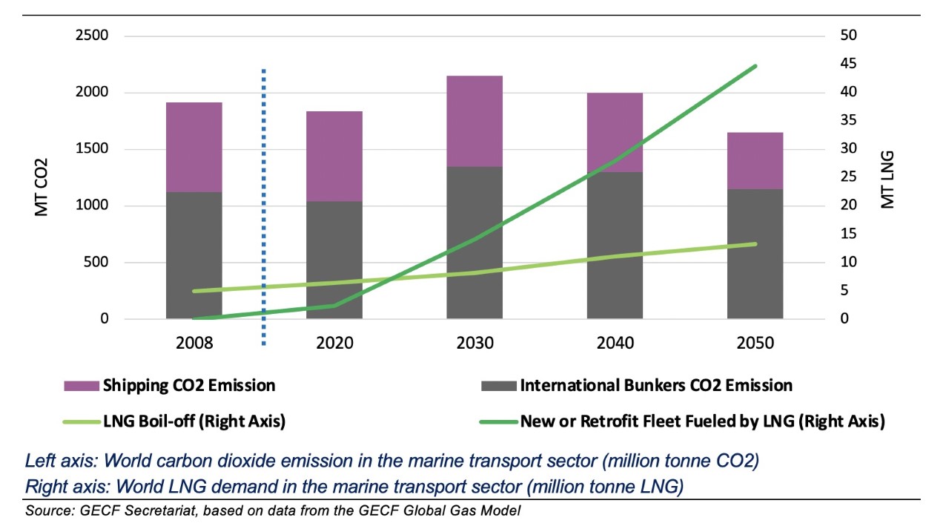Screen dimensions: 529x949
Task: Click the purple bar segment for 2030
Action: [474, 121]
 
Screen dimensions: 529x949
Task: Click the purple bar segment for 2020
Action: [334, 156]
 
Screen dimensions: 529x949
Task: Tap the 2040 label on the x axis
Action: [615, 343]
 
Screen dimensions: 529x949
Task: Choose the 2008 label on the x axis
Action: [194, 343]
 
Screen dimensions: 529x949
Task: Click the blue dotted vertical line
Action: [264, 208]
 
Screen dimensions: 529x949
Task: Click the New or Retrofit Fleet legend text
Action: [702, 421]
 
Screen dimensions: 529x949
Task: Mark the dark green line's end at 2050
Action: [755, 66]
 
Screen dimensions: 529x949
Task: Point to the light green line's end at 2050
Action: [755, 244]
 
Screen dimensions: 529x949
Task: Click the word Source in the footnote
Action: [44, 511]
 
